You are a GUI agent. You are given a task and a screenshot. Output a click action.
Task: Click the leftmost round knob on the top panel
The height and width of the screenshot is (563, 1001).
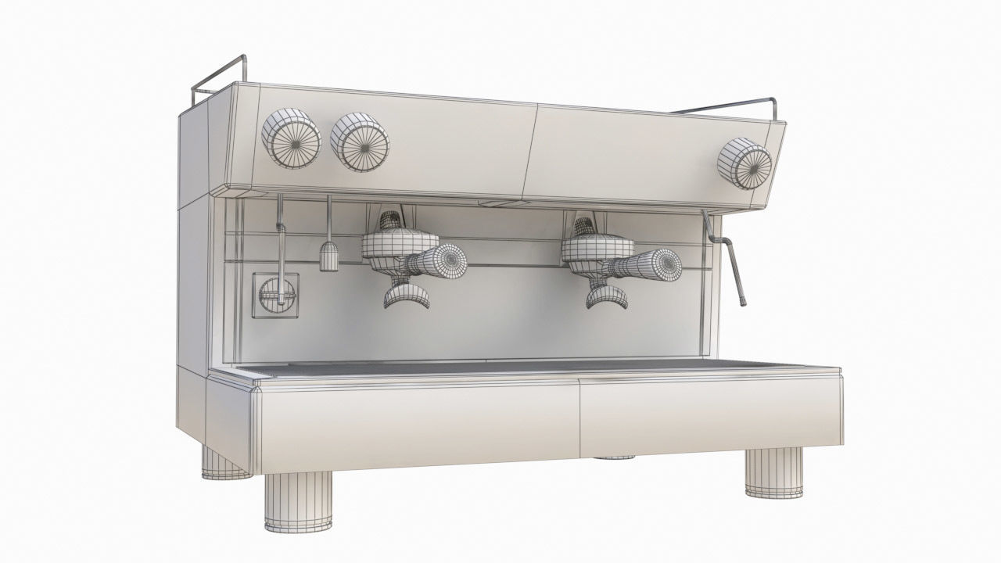click(x=290, y=138)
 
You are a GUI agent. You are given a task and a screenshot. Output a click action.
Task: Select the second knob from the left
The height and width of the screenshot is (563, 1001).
click(x=360, y=143)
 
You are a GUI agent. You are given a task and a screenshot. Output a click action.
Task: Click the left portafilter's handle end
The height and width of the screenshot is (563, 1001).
click(x=449, y=260)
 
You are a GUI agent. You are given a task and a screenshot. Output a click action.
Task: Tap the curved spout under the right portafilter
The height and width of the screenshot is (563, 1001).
click(x=608, y=298)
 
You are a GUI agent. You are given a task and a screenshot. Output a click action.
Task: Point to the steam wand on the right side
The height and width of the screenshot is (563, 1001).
click(x=735, y=270)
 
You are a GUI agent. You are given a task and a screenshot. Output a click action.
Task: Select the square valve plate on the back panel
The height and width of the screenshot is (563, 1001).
click(x=275, y=295)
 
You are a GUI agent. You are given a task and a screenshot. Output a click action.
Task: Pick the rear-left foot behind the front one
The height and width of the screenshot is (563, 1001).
click(x=223, y=463)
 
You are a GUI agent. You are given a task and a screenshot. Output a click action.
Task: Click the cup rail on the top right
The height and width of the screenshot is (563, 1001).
click(x=735, y=105)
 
